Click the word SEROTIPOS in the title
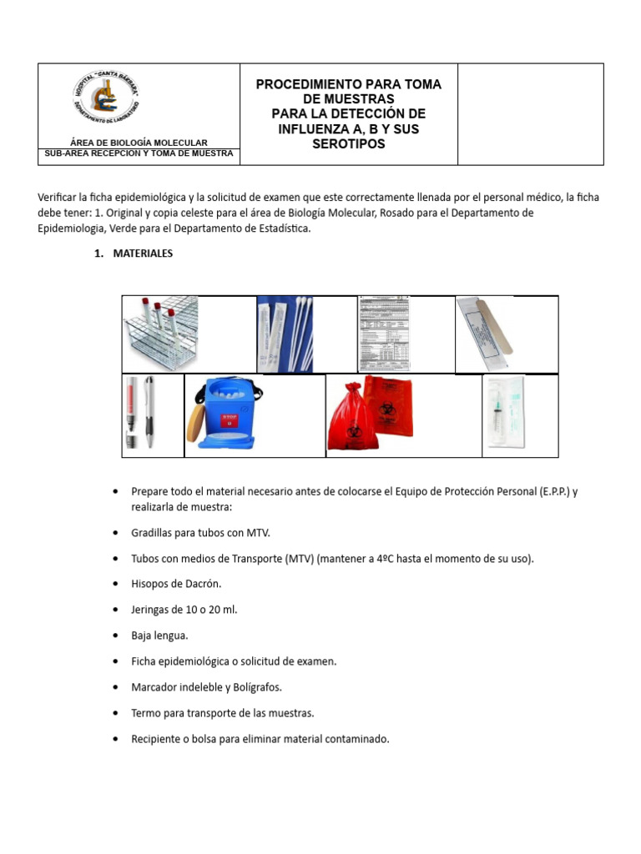pyautogui.click(x=348, y=144)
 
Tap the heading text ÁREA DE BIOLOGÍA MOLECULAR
pyautogui.click(x=139, y=143)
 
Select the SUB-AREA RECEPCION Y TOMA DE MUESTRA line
pyautogui.click(x=139, y=153)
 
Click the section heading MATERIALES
pyautogui.click(x=143, y=254)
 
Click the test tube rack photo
pyautogui.click(x=160, y=333)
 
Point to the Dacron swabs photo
pyautogui.click(x=285, y=333)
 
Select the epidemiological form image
pyautogui.click(x=385, y=333)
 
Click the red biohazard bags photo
pyautogui.click(x=368, y=414)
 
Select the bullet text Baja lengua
pyautogui.click(x=159, y=635)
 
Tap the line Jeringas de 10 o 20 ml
pyautogui.click(x=184, y=610)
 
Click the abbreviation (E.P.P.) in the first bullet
pyautogui.click(x=543, y=491)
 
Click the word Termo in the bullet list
pyautogui.click(x=147, y=713)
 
